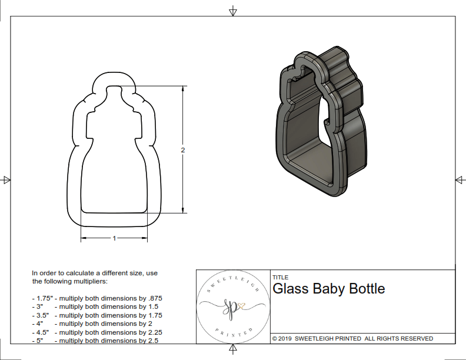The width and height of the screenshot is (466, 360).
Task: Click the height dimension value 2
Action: tap(183, 151)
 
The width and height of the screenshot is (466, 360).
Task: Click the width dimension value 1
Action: tap(114, 238)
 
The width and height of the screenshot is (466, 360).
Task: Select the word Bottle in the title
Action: tap(367, 289)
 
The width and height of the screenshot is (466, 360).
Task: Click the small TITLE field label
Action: tap(281, 278)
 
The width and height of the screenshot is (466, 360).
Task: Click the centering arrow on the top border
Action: tap(233, 11)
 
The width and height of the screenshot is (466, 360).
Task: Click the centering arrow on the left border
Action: tap(6, 180)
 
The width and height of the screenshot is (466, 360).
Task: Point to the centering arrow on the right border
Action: tap(460, 180)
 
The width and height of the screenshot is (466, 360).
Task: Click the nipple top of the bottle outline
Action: tap(114, 73)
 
